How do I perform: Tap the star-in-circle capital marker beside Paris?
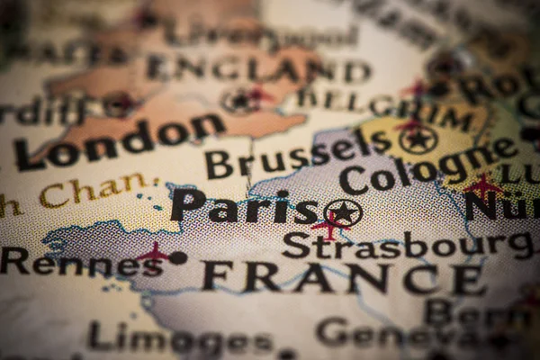[343, 213]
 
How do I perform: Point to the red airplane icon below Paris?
[329, 228]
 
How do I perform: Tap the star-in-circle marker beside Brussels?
[418, 139]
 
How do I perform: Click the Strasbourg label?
[405, 246]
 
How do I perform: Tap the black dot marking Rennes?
[178, 258]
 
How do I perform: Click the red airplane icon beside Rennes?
[152, 253]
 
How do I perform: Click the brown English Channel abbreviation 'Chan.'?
[99, 190]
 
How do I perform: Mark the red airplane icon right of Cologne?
[483, 186]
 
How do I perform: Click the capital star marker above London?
[240, 101]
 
